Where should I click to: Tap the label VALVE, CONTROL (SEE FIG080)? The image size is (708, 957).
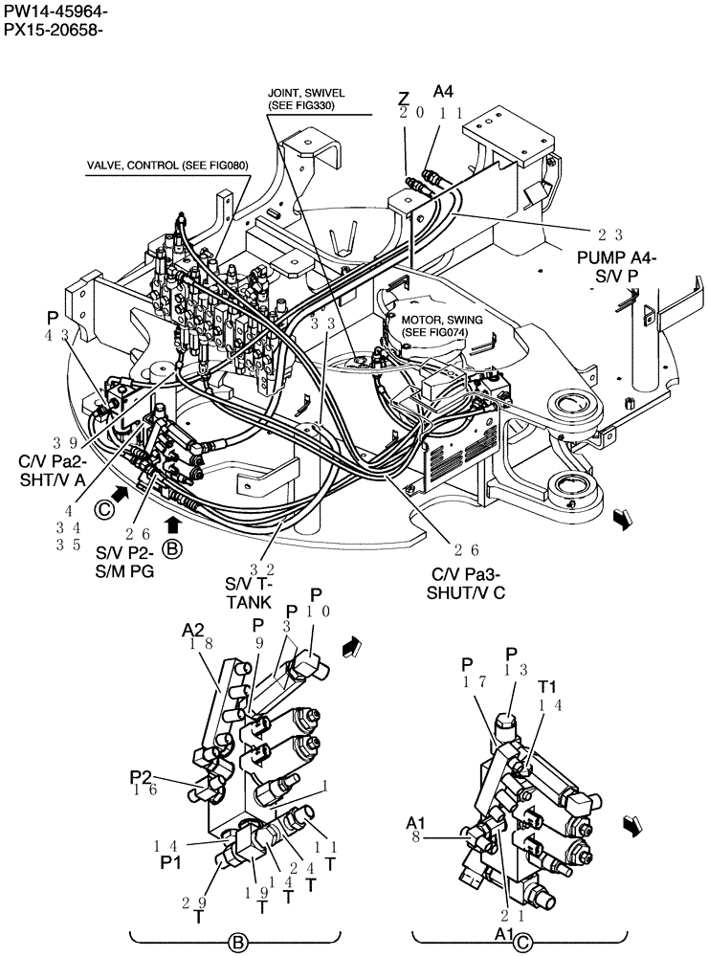pyautogui.click(x=167, y=165)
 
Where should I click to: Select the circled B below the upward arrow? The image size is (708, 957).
pyautogui.click(x=171, y=549)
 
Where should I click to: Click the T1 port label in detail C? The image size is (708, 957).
pyautogui.click(x=547, y=686)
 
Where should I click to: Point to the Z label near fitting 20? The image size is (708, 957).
pyautogui.click(x=404, y=98)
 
